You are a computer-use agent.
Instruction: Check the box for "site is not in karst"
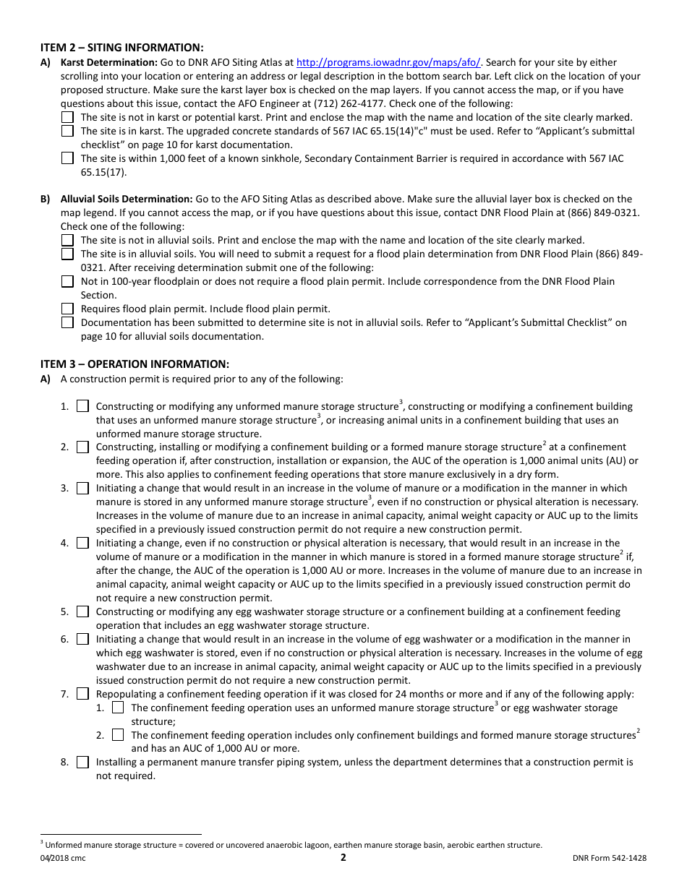tap(67, 117)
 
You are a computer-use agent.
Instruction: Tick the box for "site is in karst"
tap(67, 131)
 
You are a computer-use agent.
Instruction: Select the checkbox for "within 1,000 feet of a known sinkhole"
tap(67, 158)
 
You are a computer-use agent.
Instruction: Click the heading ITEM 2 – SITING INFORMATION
tap(121, 47)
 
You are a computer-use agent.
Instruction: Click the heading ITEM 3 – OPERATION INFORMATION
tap(135, 364)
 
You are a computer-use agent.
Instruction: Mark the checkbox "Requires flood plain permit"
tap(67, 309)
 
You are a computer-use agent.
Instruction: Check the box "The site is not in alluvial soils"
tap(67, 240)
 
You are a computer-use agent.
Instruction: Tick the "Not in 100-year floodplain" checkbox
tap(67, 281)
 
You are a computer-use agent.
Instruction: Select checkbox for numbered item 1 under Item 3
tap(82, 406)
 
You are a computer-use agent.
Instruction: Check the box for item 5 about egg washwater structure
tap(82, 611)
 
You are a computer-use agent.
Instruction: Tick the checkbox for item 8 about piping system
tap(82, 762)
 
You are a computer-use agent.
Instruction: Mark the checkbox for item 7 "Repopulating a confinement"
tap(82, 694)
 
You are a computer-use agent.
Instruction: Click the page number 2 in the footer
tap(343, 858)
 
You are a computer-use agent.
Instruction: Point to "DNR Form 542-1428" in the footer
tap(609, 859)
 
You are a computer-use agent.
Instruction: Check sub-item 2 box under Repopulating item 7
tap(118, 734)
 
